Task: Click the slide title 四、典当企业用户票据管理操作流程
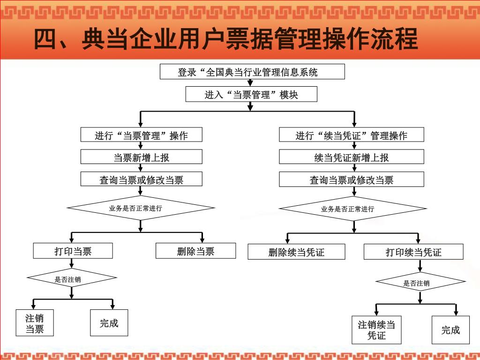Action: [225, 39]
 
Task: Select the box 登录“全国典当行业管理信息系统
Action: [252, 72]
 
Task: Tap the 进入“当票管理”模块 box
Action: [251, 95]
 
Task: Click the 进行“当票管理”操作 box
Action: [142, 135]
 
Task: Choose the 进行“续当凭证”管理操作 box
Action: [352, 135]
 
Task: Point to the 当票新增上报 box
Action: [142, 157]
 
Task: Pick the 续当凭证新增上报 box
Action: [352, 157]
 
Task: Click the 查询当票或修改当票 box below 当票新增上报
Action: [142, 179]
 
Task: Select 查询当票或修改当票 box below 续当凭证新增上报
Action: [352, 179]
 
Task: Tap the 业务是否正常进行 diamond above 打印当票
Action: [141, 208]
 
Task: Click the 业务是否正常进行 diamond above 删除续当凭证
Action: [352, 209]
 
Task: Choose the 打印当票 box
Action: [73, 251]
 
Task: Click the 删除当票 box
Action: [195, 251]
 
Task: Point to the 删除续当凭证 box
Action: [296, 252]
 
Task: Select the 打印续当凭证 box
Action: [413, 252]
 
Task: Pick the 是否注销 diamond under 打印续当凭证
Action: [420, 282]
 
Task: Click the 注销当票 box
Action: [35, 323]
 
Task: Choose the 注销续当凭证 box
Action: [376, 330]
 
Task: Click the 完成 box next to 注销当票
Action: [109, 322]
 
